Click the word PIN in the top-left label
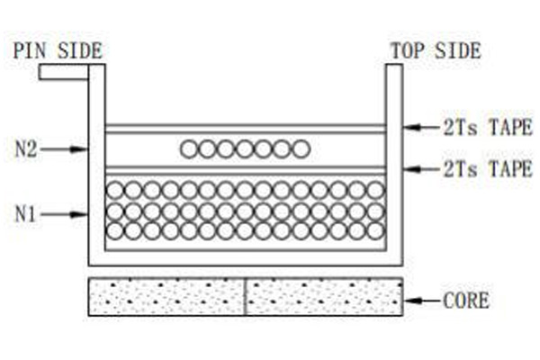pos(30,50)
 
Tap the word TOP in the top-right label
pos(408,50)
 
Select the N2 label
pos(26,149)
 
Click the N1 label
pos(25,214)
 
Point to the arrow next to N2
pos(64,149)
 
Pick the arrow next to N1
pos(64,214)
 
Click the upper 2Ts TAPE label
pos(488,127)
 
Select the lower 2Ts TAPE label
pos(488,169)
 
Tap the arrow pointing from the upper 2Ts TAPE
pos(423,127)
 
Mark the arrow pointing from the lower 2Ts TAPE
pos(423,169)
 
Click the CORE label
pos(465,301)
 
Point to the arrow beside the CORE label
pos(423,301)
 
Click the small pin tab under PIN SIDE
pos(64,72)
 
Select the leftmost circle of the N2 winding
pos(189,149)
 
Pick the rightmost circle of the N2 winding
pos(301,149)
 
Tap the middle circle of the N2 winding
pos(245,149)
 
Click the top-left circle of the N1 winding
pos(114,190)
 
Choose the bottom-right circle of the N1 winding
pos(375,230)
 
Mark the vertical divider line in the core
pos(245,297)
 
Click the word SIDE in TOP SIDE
pos(458,50)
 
